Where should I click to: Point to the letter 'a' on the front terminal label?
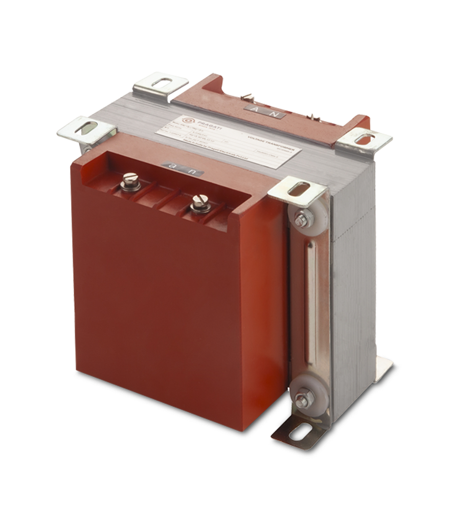pyautogui.click(x=172, y=167)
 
